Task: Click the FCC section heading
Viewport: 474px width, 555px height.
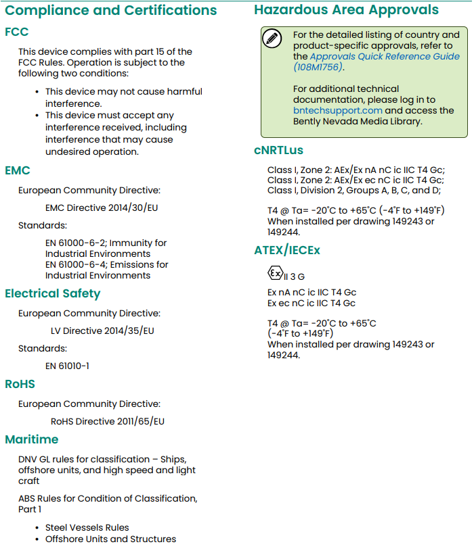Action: pos(17,32)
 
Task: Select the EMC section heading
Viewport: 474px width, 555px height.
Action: pos(18,170)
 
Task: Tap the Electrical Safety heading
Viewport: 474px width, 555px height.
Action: pos(52,293)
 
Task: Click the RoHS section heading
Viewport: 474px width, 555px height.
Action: pos(20,384)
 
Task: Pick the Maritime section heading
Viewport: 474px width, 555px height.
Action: pos(32,439)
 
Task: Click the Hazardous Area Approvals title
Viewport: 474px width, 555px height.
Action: pos(346,10)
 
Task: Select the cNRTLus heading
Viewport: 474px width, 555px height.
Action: pos(279,150)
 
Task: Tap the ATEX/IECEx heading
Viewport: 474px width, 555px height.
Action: pos(287,250)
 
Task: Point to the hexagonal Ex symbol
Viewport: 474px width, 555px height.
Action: pos(274,274)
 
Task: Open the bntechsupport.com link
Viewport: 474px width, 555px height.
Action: pos(338,111)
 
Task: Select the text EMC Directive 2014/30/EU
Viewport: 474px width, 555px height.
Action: pos(102,208)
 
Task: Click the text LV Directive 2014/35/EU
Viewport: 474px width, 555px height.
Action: pos(102,331)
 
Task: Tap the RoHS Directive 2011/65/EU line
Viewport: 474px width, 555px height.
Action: pos(108,421)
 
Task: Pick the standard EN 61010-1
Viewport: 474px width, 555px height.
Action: pos(67,366)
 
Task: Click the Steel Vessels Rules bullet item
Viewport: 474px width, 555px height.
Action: pos(87,527)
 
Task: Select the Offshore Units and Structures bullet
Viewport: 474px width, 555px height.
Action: pos(110,539)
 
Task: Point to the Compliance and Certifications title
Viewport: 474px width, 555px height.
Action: pos(111,10)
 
